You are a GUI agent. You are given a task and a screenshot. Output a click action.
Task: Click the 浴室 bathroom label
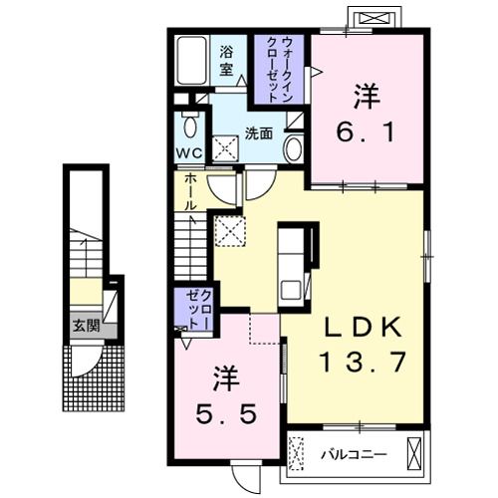click(226, 61)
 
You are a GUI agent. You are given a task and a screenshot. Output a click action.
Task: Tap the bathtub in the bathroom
click(192, 61)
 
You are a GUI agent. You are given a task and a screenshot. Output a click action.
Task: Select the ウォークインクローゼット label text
click(280, 70)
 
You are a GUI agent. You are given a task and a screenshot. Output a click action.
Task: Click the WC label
click(188, 153)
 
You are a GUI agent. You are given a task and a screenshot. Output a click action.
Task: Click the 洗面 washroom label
click(259, 133)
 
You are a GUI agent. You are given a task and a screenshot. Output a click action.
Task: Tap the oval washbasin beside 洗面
click(294, 149)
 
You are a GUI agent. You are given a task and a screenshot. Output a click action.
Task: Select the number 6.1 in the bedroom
click(366, 131)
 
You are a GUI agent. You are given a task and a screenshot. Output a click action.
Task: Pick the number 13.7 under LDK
click(363, 362)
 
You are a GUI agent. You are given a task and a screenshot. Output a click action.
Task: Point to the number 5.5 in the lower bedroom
click(226, 414)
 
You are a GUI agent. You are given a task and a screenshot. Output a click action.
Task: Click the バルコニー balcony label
click(354, 454)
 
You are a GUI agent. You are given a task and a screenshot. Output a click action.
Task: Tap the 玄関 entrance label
click(87, 327)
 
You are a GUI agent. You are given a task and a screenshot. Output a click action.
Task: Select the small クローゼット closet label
click(199, 309)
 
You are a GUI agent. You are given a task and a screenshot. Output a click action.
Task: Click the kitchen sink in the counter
click(291, 290)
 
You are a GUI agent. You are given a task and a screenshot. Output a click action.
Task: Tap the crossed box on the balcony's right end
click(414, 453)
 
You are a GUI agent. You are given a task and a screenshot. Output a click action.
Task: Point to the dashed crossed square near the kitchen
click(230, 231)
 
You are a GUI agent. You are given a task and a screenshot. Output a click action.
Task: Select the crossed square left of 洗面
click(226, 148)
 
